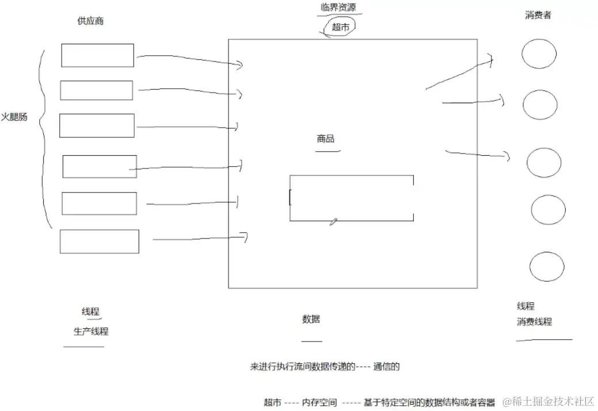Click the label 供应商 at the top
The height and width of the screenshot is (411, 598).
[90, 21]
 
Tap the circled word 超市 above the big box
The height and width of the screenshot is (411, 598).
[340, 26]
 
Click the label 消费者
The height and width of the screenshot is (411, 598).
[538, 16]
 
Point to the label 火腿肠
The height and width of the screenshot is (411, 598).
[14, 117]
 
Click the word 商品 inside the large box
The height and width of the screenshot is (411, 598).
[325, 139]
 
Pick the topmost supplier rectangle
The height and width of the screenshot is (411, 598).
[97, 55]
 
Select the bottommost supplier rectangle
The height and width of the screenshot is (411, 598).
[99, 241]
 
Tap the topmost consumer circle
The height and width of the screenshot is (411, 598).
[539, 53]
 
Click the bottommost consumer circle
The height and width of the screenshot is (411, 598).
[546, 267]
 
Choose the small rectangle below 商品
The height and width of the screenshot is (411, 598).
[351, 198]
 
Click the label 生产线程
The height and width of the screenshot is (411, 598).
[91, 332]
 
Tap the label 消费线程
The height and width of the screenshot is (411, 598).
[534, 322]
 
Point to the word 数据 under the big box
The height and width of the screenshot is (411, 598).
[311, 320]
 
